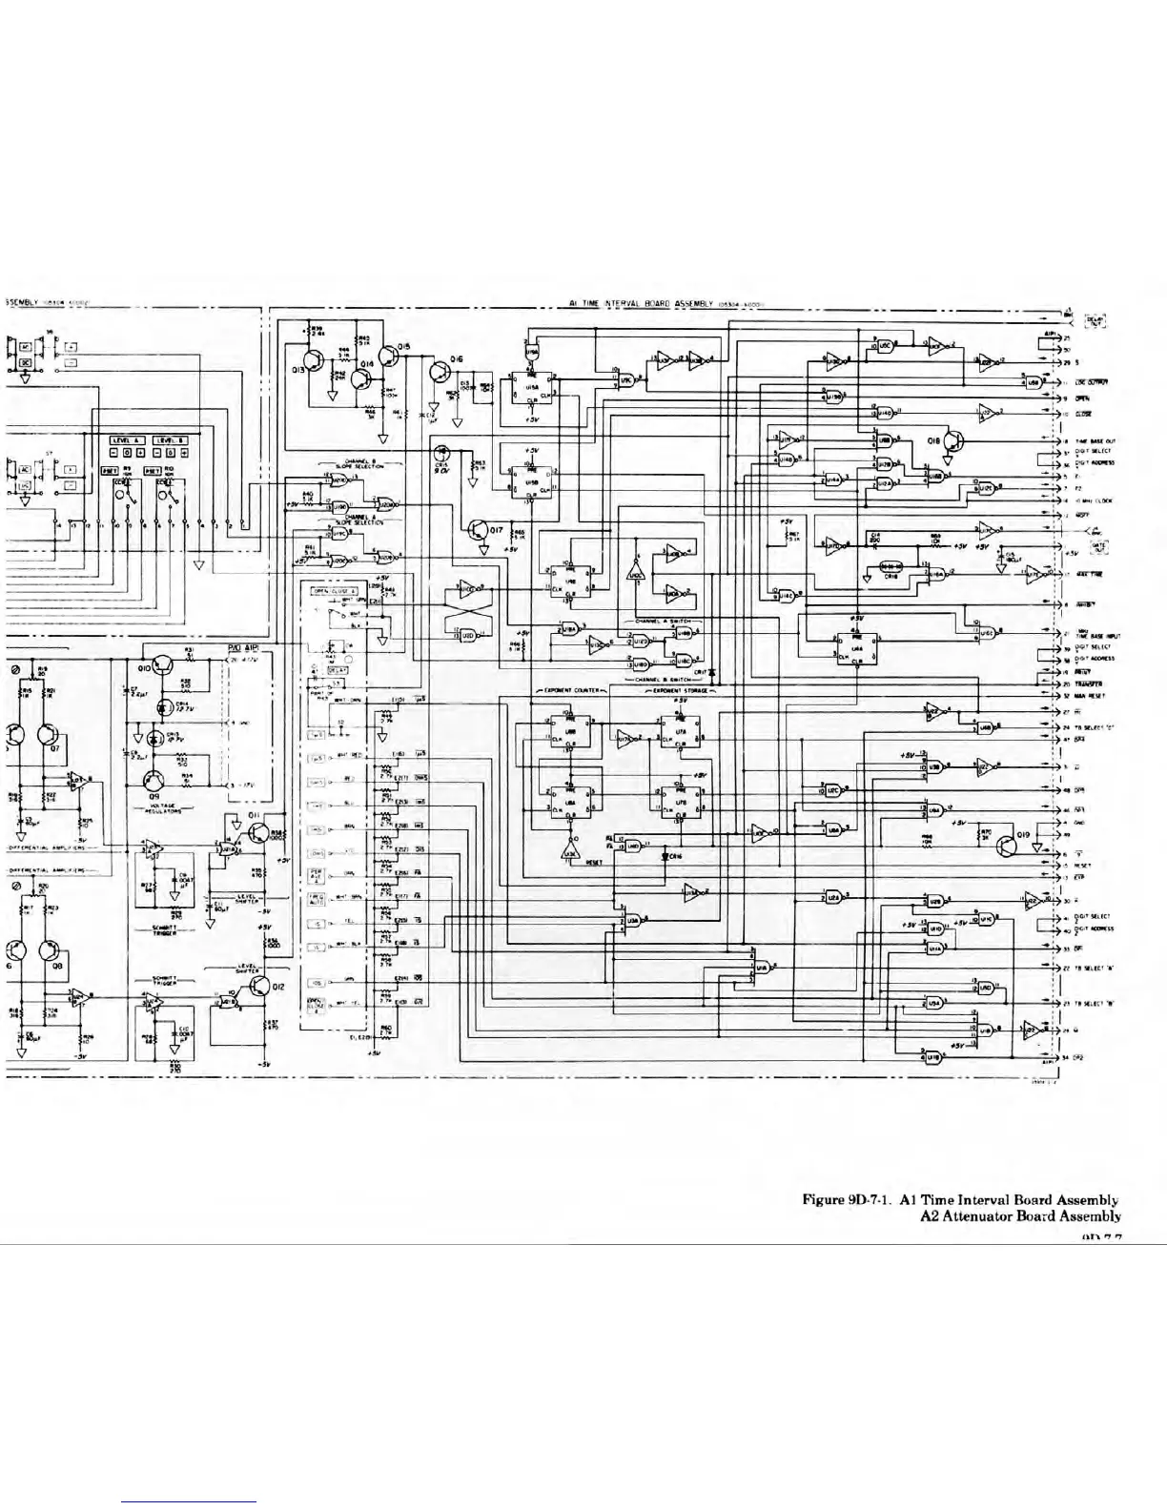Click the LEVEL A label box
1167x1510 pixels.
tap(127, 439)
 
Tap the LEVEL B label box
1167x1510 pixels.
tap(173, 439)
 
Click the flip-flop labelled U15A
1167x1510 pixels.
tap(531, 388)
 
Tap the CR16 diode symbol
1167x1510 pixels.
tap(665, 856)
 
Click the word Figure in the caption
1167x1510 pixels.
tap(824, 1199)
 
